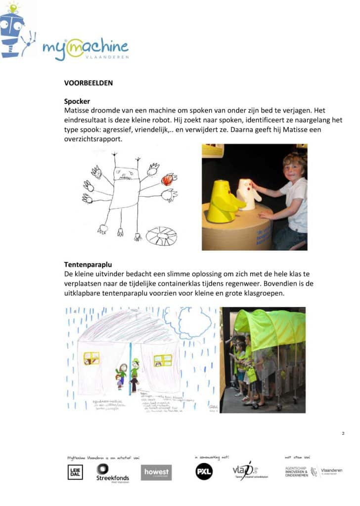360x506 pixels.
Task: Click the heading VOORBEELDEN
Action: (89, 83)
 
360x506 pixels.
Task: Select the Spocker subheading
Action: (77, 101)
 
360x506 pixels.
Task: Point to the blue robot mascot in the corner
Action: (15, 30)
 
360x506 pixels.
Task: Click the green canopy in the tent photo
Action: (270, 324)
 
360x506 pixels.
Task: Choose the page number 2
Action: (343, 433)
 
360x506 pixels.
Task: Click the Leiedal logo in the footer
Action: (75, 472)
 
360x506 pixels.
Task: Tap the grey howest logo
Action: (156, 472)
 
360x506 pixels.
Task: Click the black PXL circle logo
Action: (204, 471)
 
